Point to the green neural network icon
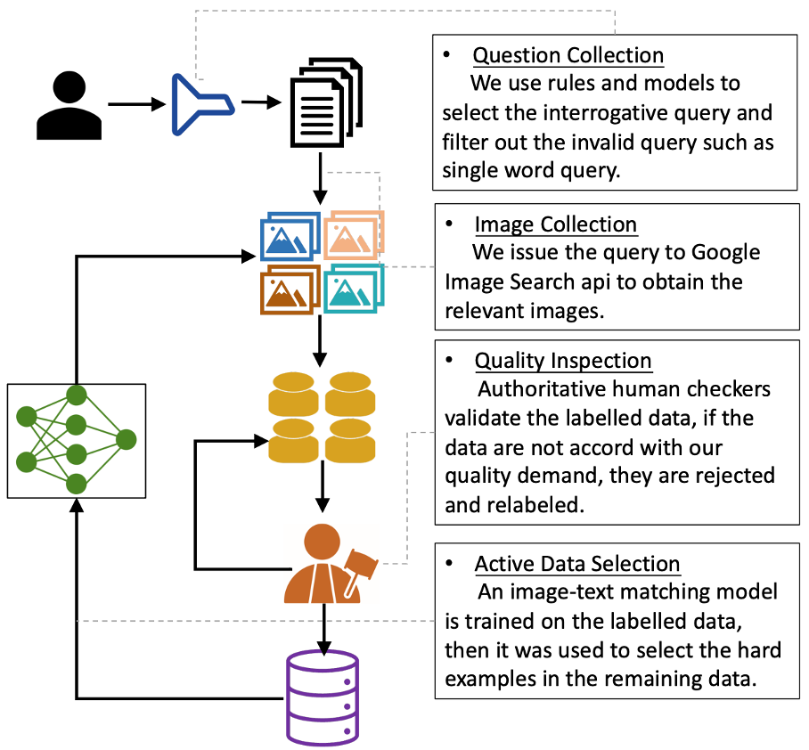coord(76,440)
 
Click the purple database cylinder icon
coord(322,697)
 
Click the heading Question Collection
coord(568,55)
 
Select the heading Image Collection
coord(555,224)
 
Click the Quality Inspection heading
coord(563,361)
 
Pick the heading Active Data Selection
coord(576,564)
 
